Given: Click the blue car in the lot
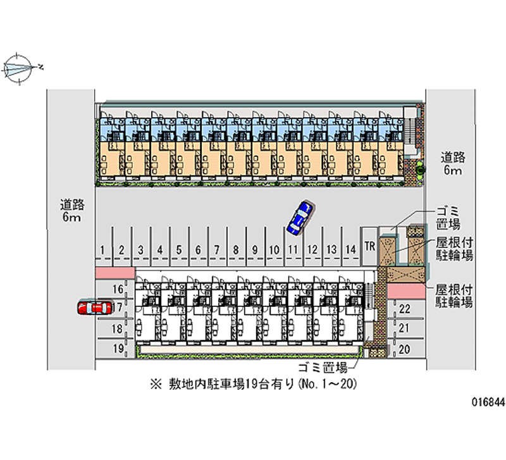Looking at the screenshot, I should [299, 217].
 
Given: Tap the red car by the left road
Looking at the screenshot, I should [92, 308].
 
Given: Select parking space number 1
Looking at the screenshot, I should [102, 250].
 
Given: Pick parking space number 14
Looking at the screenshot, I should [350, 250].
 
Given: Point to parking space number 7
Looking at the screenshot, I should [216, 250].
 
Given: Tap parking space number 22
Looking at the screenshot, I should [405, 309].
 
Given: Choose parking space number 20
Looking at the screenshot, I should [405, 349].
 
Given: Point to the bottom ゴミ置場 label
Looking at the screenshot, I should [323, 367].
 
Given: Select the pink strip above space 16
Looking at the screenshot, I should [114, 272].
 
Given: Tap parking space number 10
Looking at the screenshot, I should [273, 250].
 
